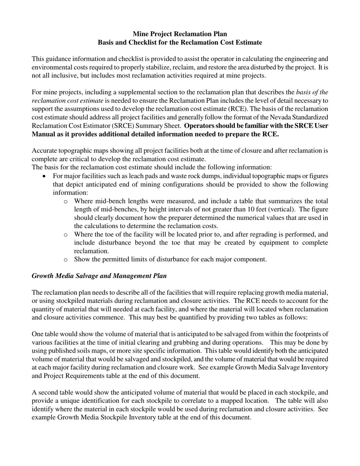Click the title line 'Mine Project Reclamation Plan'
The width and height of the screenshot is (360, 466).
click(180, 34)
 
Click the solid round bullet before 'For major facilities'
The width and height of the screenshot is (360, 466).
click(45, 176)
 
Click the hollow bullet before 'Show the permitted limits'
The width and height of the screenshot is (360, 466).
click(66, 260)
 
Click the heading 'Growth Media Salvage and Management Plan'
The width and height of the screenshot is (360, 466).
click(99, 276)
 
